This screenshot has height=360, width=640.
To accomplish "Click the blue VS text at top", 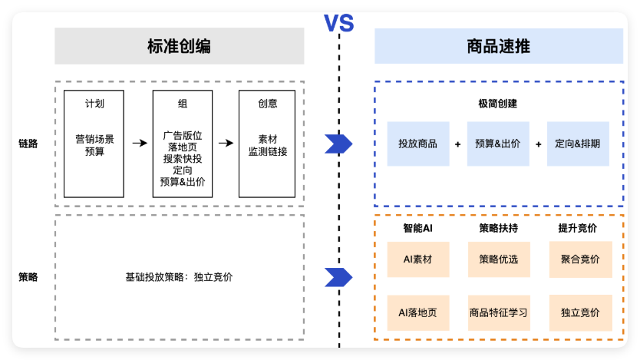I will pyautogui.click(x=338, y=22).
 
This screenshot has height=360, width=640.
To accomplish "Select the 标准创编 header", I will pyautogui.click(x=179, y=47).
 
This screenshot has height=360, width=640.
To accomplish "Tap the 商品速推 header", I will pyautogui.click(x=498, y=47).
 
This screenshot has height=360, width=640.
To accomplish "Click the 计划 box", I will pyautogui.click(x=94, y=144).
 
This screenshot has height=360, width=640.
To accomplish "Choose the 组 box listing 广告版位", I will pyautogui.click(x=183, y=144).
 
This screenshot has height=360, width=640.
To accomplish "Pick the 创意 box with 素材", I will pyautogui.click(x=267, y=144).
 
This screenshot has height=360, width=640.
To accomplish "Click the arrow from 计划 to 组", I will pyautogui.click(x=139, y=143).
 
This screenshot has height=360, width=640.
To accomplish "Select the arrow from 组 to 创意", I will pyautogui.click(x=225, y=143).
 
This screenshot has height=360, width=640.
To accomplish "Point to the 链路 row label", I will pyautogui.click(x=28, y=144).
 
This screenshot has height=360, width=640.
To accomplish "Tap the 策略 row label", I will pyautogui.click(x=28, y=277).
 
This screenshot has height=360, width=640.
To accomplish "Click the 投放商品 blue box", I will pyautogui.click(x=417, y=144).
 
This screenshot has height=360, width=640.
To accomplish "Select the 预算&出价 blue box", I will pyautogui.click(x=497, y=144).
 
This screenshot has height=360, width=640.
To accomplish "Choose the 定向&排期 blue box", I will pyautogui.click(x=578, y=144).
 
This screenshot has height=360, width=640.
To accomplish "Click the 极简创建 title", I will pyautogui.click(x=497, y=104).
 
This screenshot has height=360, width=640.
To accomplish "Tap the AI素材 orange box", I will pyautogui.click(x=417, y=259).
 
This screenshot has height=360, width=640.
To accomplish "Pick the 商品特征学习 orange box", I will pyautogui.click(x=498, y=312).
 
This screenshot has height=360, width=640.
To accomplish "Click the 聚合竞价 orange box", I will pyautogui.click(x=580, y=259).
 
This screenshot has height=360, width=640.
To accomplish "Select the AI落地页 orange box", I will pyautogui.click(x=417, y=312).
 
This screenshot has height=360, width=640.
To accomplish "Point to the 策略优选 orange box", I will pyautogui.click(x=498, y=259).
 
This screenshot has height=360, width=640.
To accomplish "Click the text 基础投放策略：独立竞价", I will pyautogui.click(x=179, y=277).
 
